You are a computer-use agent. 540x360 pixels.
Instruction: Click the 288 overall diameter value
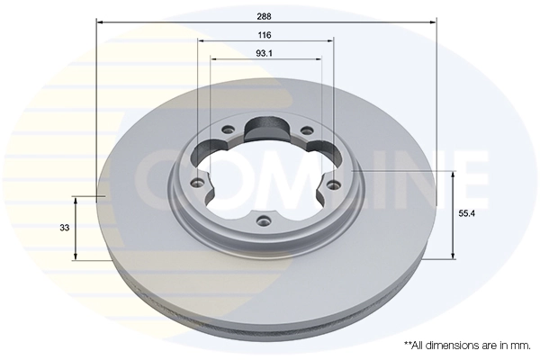(x=265, y=16)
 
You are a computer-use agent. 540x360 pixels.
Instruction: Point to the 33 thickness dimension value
(x=64, y=229)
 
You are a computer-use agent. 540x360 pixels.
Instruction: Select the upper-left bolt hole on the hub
(x=222, y=143)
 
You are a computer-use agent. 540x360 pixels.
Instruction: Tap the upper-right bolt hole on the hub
(x=307, y=131)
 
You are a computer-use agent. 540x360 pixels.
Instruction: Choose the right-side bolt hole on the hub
(x=333, y=184)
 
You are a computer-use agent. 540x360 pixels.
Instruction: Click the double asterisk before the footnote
(x=407, y=344)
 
